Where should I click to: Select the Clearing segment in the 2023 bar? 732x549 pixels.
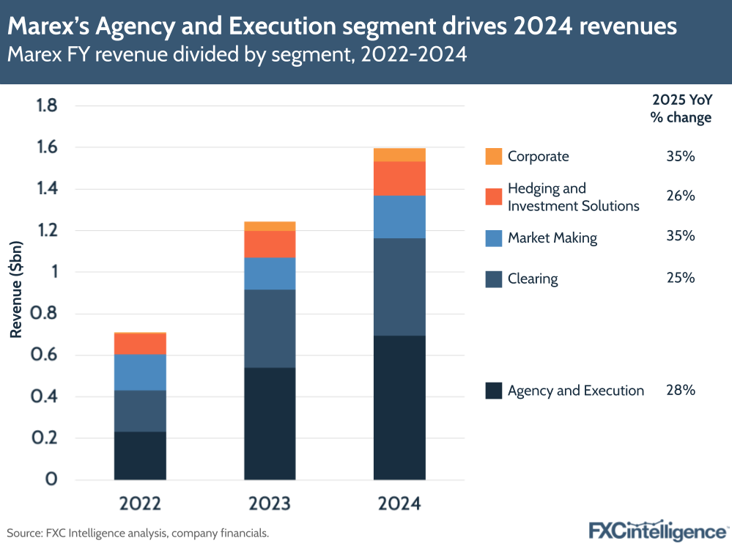pos(270,328)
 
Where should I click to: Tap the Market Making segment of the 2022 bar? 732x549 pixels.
pos(140,372)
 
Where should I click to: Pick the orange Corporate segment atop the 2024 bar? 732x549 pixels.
pos(399,155)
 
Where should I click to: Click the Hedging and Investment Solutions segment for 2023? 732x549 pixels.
pos(270,244)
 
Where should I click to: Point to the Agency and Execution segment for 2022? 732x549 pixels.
pos(140,455)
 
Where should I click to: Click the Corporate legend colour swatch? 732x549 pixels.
pos(494,156)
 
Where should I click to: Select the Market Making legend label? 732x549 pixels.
pos(552,237)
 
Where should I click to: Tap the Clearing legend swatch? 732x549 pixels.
pos(494,279)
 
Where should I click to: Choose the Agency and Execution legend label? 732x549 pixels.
pos(575,391)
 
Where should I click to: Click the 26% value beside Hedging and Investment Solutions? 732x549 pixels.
pos(680,196)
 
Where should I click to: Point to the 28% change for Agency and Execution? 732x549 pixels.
pos(680,391)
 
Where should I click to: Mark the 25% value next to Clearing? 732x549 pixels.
pos(680,279)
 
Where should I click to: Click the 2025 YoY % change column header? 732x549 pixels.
pos(681,109)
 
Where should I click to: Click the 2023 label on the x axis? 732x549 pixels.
pos(270,504)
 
